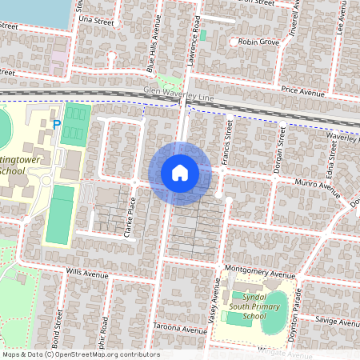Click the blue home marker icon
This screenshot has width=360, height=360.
[180, 173]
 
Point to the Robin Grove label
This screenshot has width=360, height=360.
[257, 41]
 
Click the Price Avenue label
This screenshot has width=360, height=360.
[302, 93]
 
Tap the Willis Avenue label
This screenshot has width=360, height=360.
[87, 274]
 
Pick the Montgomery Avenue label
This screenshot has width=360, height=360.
[261, 271]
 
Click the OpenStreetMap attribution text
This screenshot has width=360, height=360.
[80, 354]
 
